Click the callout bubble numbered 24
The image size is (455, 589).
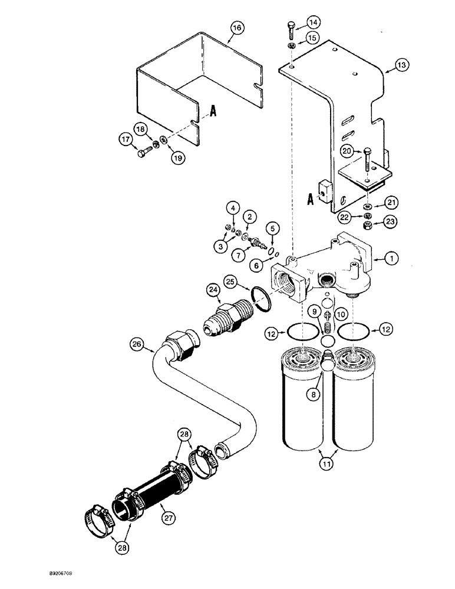click(x=213, y=289)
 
